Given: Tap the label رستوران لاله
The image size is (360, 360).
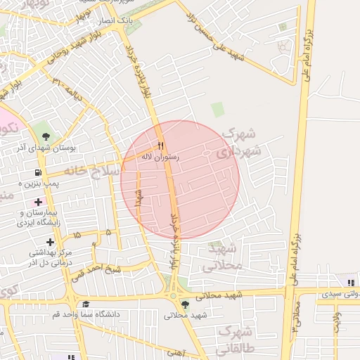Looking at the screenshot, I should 160,157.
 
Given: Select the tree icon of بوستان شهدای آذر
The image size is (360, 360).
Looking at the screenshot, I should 46,136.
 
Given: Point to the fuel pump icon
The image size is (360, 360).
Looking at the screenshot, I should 37,172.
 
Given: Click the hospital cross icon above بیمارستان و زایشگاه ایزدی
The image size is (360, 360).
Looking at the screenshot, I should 38,202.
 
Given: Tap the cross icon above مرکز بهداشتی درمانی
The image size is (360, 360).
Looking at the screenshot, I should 49,242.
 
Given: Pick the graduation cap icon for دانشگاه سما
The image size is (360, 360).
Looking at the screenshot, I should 86,304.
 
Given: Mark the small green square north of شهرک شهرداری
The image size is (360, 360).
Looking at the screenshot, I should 218,109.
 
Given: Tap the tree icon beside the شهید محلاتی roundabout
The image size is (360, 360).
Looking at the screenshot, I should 185,304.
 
